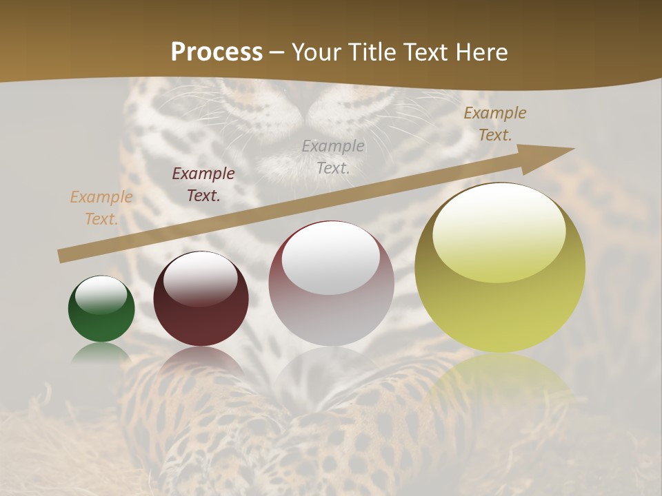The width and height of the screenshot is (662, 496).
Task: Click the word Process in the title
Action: pyautogui.click(x=217, y=52)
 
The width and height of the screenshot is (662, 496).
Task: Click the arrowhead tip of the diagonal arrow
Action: pyautogui.click(x=572, y=149)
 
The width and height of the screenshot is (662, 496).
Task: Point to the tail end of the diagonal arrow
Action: pyautogui.click(x=61, y=256)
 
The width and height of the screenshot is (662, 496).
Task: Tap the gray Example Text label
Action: pyautogui.click(x=333, y=156)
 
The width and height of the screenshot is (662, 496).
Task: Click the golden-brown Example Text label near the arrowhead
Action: pyautogui.click(x=494, y=124)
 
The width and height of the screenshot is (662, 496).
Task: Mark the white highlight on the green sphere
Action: pyautogui.click(x=101, y=295)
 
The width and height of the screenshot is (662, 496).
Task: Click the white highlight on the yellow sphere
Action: pyautogui.click(x=499, y=231)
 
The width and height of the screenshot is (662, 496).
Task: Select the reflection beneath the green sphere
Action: pyautogui.click(x=101, y=353)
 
